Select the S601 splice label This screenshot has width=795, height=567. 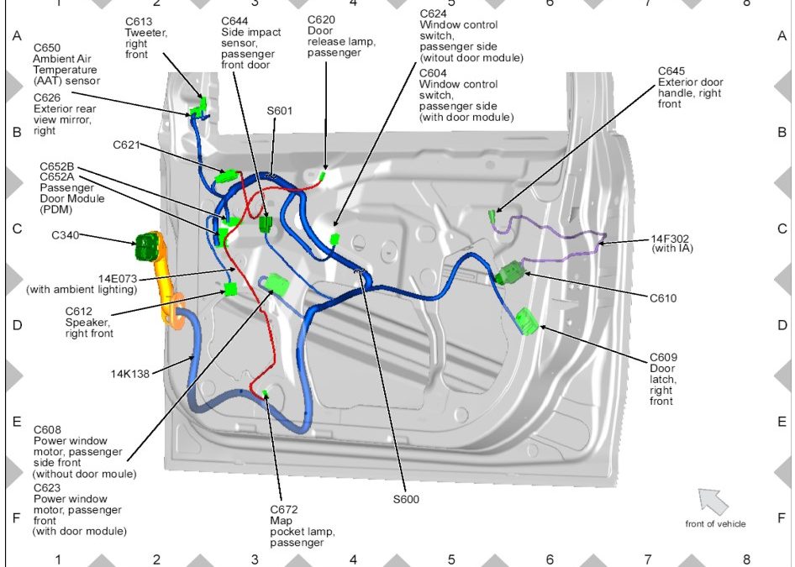pyautogui.click(x=280, y=110)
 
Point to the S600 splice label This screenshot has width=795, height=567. pyautogui.click(x=406, y=499)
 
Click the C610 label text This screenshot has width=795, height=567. pyautogui.click(x=663, y=297)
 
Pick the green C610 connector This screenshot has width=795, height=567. pyautogui.click(x=511, y=273)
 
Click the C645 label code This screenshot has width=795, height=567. pyautogui.click(x=671, y=71)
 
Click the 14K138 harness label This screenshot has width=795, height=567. pyautogui.click(x=130, y=374)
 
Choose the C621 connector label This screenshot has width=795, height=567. pyautogui.click(x=126, y=144)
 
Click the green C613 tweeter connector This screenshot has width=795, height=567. pyautogui.click(x=199, y=107)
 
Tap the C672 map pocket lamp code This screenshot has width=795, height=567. pyautogui.click(x=284, y=510)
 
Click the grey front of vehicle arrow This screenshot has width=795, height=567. pyautogui.click(x=713, y=501)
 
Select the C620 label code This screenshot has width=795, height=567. pyautogui.click(x=321, y=19)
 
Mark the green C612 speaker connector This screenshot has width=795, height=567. pyautogui.click(x=230, y=290)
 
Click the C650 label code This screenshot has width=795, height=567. pyautogui.click(x=47, y=48)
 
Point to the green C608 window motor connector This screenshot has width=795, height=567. pyautogui.click(x=277, y=286)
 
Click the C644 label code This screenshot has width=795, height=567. pyautogui.click(x=235, y=20)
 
